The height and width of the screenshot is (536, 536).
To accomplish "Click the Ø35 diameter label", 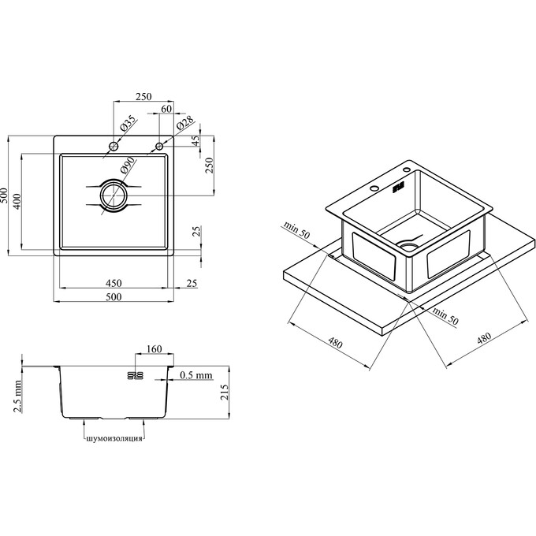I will coord(128,125).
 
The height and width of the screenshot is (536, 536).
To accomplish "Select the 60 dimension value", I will coord(166,109).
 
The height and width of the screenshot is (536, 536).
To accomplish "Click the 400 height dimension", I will coord(18,200).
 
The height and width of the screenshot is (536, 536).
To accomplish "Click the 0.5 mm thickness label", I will coord(196,375).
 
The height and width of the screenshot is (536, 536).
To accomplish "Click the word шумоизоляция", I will coord(114,437).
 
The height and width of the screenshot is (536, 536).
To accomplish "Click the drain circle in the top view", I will coord(113,195).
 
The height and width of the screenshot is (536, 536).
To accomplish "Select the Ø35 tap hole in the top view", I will coord(114,147).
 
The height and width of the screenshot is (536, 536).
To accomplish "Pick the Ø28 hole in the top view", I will coord(159,147).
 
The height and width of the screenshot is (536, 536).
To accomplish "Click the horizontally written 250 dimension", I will coord(142,96).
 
